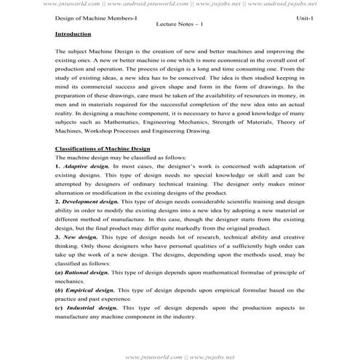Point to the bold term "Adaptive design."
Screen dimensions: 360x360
[87, 167]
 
